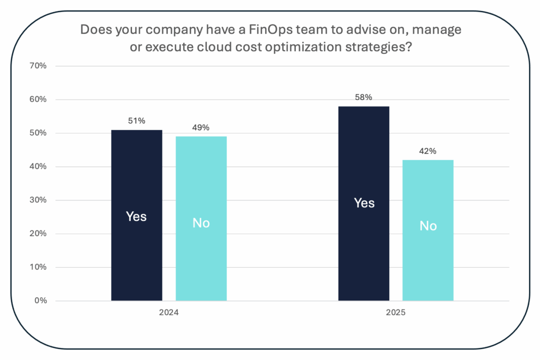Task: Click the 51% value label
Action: click(137, 121)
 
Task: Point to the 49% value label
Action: click(201, 128)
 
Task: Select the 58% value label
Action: click(364, 98)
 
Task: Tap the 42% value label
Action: click(428, 151)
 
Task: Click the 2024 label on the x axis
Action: click(169, 313)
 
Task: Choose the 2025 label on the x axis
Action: click(396, 313)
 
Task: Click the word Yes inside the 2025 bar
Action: click(364, 203)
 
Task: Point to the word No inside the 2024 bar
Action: click(201, 223)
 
